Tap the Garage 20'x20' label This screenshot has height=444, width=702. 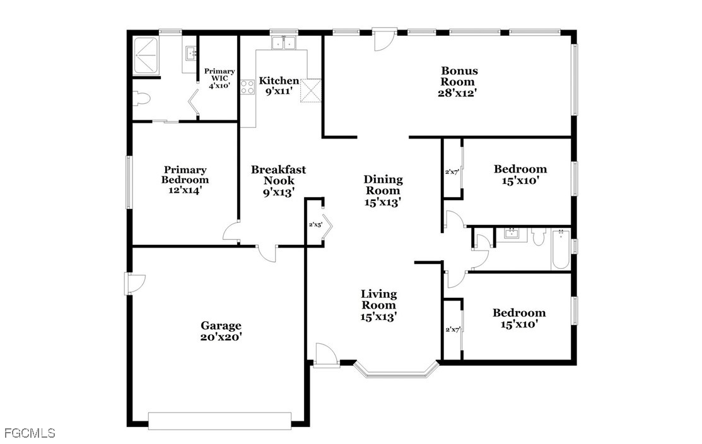221,331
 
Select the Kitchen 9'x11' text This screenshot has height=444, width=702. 279,86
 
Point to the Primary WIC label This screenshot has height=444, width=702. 219,78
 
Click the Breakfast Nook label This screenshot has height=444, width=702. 279,181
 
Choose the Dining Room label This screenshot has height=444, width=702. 383,190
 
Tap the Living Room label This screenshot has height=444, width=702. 379,305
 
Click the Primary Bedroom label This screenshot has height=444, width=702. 185,180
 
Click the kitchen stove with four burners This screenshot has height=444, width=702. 247,87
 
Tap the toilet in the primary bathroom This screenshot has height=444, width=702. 141,98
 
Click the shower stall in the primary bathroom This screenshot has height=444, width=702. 147,55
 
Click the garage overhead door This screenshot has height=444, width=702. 220,421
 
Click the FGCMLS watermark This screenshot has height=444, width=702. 30,433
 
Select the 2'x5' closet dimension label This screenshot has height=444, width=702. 315,224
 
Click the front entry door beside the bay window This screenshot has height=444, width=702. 326,355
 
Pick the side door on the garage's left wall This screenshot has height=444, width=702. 134,283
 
